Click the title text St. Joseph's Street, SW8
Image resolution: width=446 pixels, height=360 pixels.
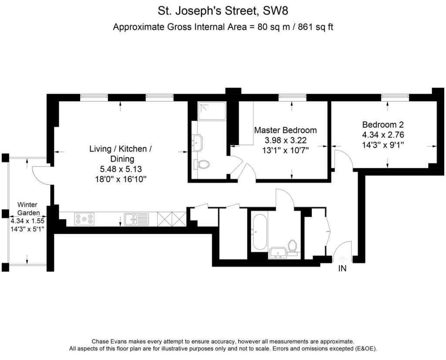223,10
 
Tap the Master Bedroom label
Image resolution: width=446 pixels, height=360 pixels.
285,130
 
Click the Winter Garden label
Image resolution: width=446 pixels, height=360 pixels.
27,209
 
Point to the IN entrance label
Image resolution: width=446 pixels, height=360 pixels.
342,269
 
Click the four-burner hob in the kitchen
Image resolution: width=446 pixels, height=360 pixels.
84,219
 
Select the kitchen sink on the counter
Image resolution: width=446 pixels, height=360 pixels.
136,219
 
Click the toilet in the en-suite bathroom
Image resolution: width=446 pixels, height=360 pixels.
203,164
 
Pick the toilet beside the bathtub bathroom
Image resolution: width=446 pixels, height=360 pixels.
293,246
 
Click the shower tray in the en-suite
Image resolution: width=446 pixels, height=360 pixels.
212,111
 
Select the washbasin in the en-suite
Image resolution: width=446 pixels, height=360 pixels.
198,142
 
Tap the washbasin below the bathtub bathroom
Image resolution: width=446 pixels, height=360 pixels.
277,252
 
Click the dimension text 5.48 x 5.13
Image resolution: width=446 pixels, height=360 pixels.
120,169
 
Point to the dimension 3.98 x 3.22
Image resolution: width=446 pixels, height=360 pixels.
285,140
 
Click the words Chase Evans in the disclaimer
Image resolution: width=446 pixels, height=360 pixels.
109,342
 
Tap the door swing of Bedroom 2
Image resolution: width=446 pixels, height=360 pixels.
344,159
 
